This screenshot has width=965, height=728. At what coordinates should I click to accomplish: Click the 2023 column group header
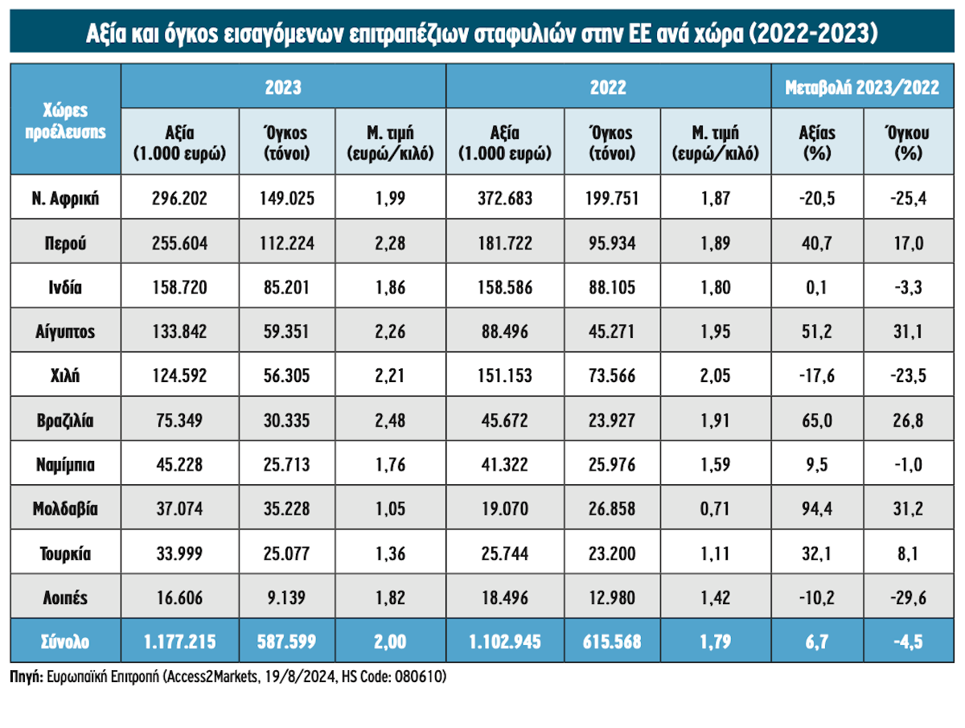pyautogui.click(x=283, y=87)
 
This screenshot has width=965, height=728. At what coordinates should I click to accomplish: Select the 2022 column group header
pyautogui.click(x=608, y=87)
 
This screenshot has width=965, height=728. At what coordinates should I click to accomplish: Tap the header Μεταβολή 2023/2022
pyautogui.click(x=862, y=87)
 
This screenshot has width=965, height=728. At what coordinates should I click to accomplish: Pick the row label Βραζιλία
pyautogui.click(x=65, y=419)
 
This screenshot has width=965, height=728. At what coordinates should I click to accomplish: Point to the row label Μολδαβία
pyautogui.click(x=65, y=508)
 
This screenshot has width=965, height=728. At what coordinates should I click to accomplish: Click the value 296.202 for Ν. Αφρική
pyautogui.click(x=180, y=197)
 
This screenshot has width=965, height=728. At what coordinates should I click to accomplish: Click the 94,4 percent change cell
pyautogui.click(x=815, y=508)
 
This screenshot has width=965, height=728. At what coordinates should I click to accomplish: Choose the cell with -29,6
pyautogui.click(x=911, y=598)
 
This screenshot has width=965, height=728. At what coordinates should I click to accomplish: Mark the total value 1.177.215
pyautogui.click(x=180, y=642)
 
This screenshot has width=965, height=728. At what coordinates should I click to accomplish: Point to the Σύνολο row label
pyautogui.click(x=65, y=642)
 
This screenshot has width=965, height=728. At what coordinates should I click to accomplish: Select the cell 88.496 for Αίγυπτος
pyautogui.click(x=505, y=331)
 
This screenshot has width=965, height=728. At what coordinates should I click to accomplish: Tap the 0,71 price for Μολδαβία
pyautogui.click(x=715, y=508)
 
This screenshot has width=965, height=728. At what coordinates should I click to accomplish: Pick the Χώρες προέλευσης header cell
pyautogui.click(x=65, y=121)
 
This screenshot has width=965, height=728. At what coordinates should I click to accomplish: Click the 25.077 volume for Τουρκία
pyautogui.click(x=286, y=553)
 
